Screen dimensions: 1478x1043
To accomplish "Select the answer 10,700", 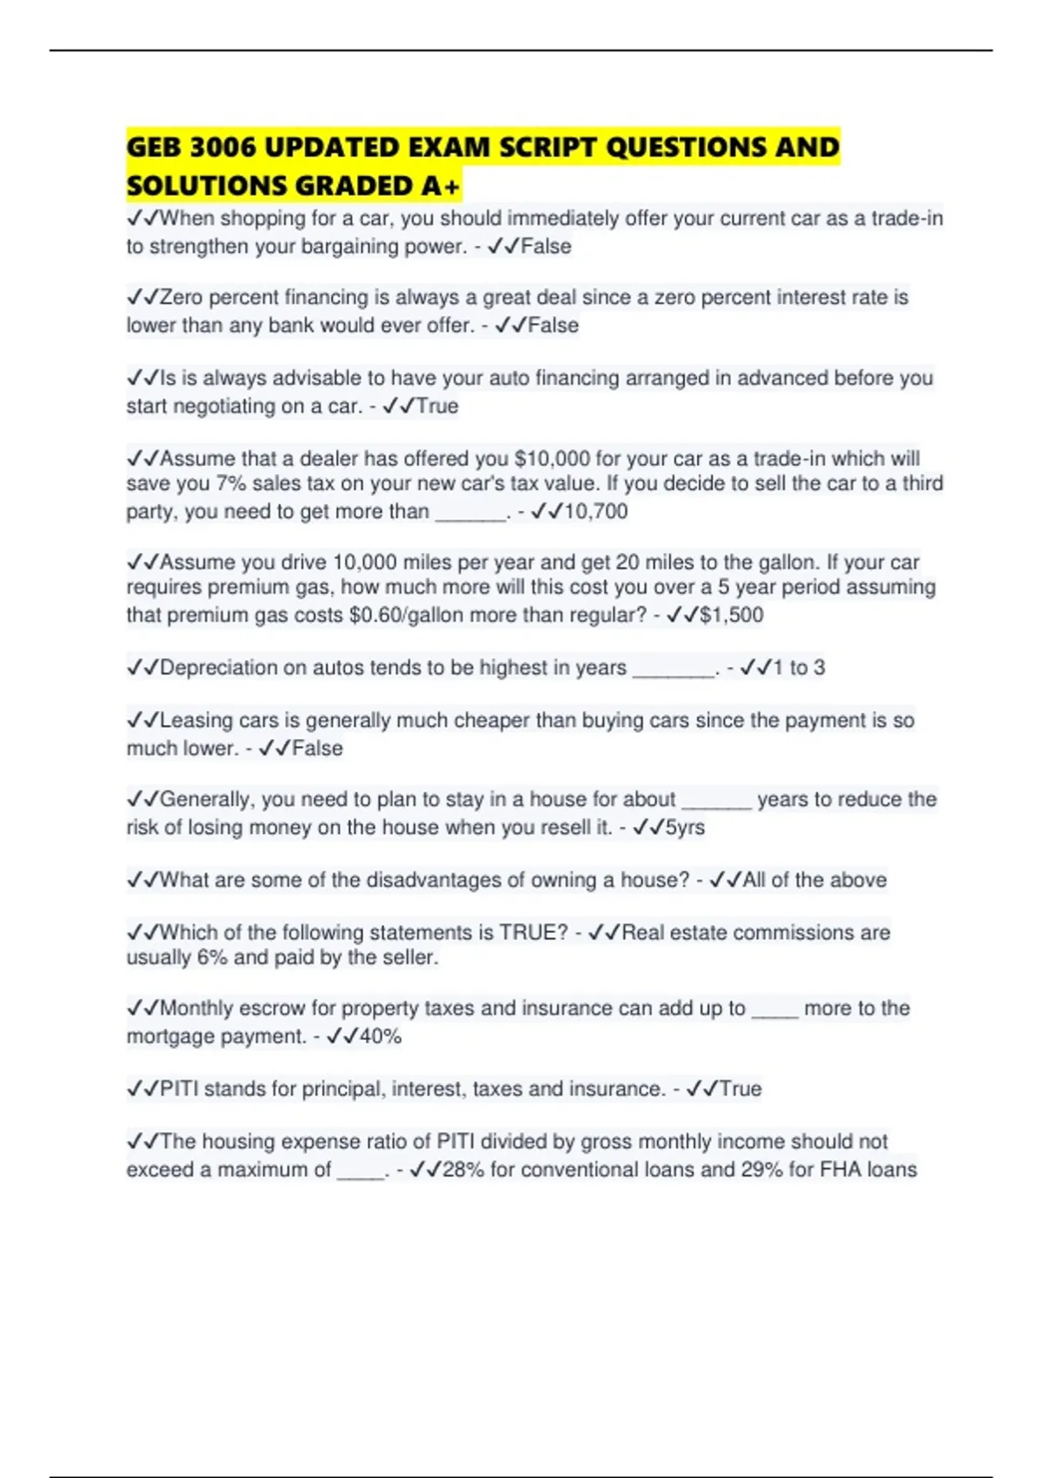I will pos(595,511).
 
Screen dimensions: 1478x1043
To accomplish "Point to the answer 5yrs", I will pos(685,827).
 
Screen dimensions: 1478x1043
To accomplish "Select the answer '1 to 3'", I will pos(799,668).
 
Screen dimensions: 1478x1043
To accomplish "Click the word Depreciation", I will pos(217,668).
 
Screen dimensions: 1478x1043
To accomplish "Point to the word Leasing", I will pos(196,720).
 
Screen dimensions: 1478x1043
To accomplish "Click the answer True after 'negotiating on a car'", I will pos(437,406).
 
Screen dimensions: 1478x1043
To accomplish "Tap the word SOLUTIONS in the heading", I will pos(207,186).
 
